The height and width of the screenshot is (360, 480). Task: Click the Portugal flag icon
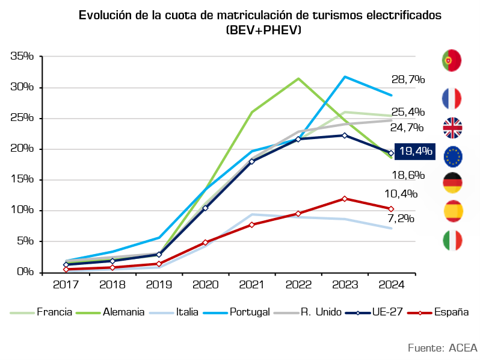[x=452, y=60]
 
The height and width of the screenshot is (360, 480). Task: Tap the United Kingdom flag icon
[x=452, y=128]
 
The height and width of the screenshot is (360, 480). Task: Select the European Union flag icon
[x=453, y=157]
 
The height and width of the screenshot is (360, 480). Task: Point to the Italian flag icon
[x=452, y=240]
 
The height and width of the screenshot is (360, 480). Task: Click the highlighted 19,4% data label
[x=415, y=151]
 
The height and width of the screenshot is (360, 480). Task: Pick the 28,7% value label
[x=408, y=79]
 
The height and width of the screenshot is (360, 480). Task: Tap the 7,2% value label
[x=401, y=219]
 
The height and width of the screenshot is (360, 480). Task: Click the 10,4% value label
[x=401, y=194]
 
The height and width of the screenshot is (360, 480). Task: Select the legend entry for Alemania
[x=110, y=312]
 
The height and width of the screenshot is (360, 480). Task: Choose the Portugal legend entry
[x=236, y=312]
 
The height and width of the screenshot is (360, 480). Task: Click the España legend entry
[x=438, y=312]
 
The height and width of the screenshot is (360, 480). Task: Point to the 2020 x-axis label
[x=205, y=285]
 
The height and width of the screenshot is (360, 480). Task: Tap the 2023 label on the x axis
[x=345, y=285]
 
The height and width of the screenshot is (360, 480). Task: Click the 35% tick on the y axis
[x=22, y=56]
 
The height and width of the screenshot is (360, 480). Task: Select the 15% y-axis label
[x=22, y=179]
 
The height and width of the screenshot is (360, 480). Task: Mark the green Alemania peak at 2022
[x=298, y=79]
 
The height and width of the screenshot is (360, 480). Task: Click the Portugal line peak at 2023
[x=345, y=76]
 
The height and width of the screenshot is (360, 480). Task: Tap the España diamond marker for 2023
[x=345, y=199]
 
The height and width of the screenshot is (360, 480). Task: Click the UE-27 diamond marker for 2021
[x=251, y=161]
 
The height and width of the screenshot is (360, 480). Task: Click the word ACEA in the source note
[x=463, y=348]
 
